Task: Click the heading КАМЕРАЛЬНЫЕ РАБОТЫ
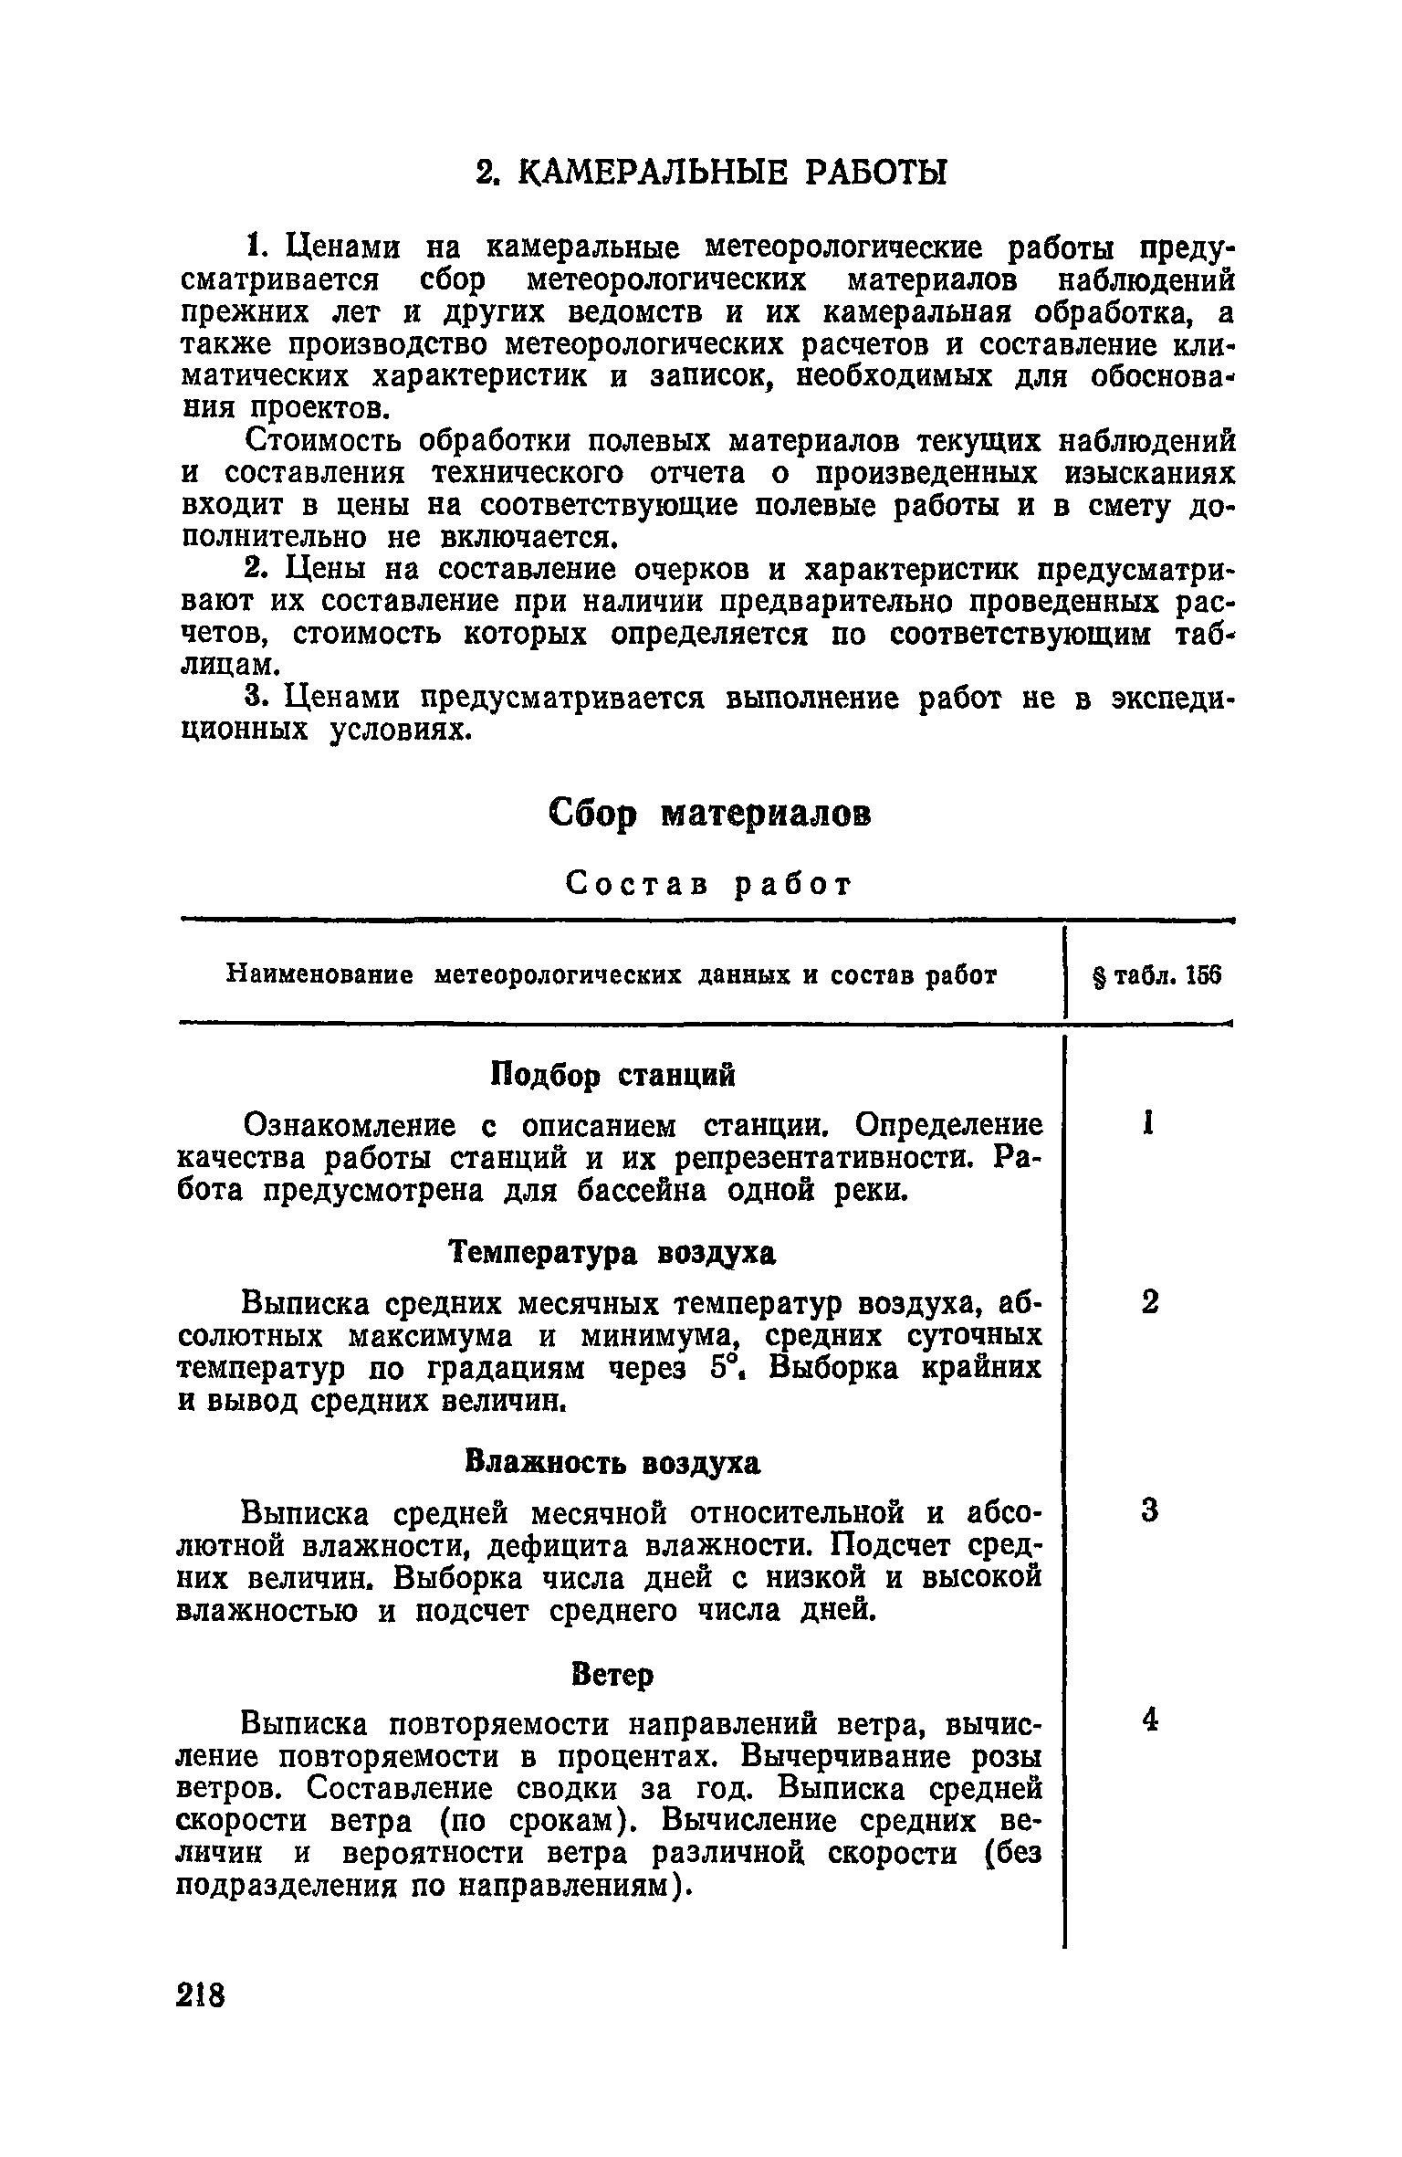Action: click(713, 171)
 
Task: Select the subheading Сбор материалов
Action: click(710, 813)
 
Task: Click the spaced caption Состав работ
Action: click(709, 883)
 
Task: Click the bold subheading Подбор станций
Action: click(613, 1075)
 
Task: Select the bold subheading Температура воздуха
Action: click(613, 1253)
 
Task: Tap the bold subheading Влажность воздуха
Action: click(612, 1462)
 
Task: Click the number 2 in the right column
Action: click(1149, 1300)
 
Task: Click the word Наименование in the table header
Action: click(319, 976)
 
